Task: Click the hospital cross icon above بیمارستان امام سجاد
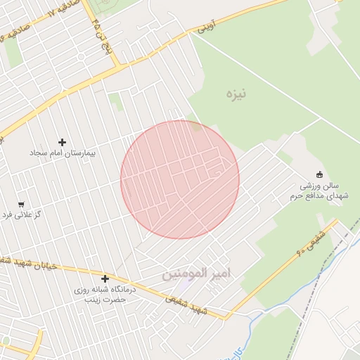[x=62, y=143]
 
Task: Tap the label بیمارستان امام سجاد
[x=62, y=153]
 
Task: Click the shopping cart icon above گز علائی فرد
[x=20, y=204]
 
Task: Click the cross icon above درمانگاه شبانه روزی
[x=105, y=279]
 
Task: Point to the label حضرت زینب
[x=105, y=299]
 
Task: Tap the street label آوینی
[x=205, y=28]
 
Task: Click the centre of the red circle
[x=180, y=179]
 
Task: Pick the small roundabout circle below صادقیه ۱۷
[x=82, y=56]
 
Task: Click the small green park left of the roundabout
[x=14, y=55]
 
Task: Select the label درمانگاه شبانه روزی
[x=105, y=290]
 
